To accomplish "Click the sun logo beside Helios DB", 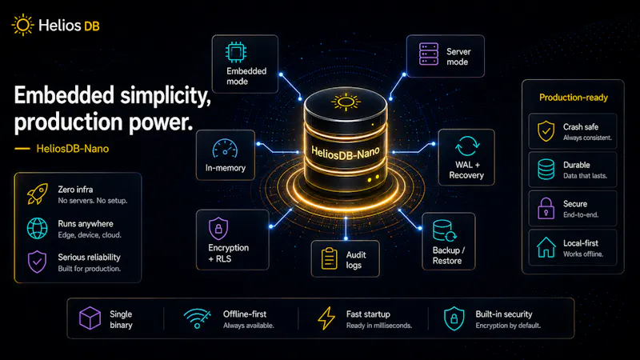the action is pyautogui.click(x=23, y=25).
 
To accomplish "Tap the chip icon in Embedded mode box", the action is pyautogui.click(x=236, y=52).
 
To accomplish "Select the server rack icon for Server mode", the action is pyautogui.click(x=429, y=54).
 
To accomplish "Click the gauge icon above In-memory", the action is pyautogui.click(x=225, y=149).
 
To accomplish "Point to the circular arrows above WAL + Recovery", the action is pyautogui.click(x=467, y=146).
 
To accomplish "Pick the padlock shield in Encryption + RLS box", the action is pyautogui.click(x=218, y=228).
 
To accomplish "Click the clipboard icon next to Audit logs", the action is pyautogui.click(x=330, y=258).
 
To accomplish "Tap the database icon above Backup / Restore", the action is pyautogui.click(x=444, y=231).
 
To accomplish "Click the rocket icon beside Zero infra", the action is pyautogui.click(x=37, y=194).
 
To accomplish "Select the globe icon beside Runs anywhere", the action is pyautogui.click(x=37, y=228).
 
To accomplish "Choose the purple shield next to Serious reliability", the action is pyautogui.click(x=37, y=262).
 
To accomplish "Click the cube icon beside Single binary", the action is pyautogui.click(x=90, y=318).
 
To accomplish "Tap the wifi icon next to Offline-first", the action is pyautogui.click(x=197, y=318).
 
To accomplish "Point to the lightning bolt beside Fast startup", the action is pyautogui.click(x=326, y=318).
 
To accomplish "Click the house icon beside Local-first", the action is pyautogui.click(x=546, y=247).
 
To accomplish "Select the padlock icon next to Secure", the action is pyautogui.click(x=546, y=208).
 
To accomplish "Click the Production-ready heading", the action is pyautogui.click(x=574, y=98).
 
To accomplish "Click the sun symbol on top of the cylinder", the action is pyautogui.click(x=346, y=102).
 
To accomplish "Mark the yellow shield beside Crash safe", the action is pyautogui.click(x=546, y=131).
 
